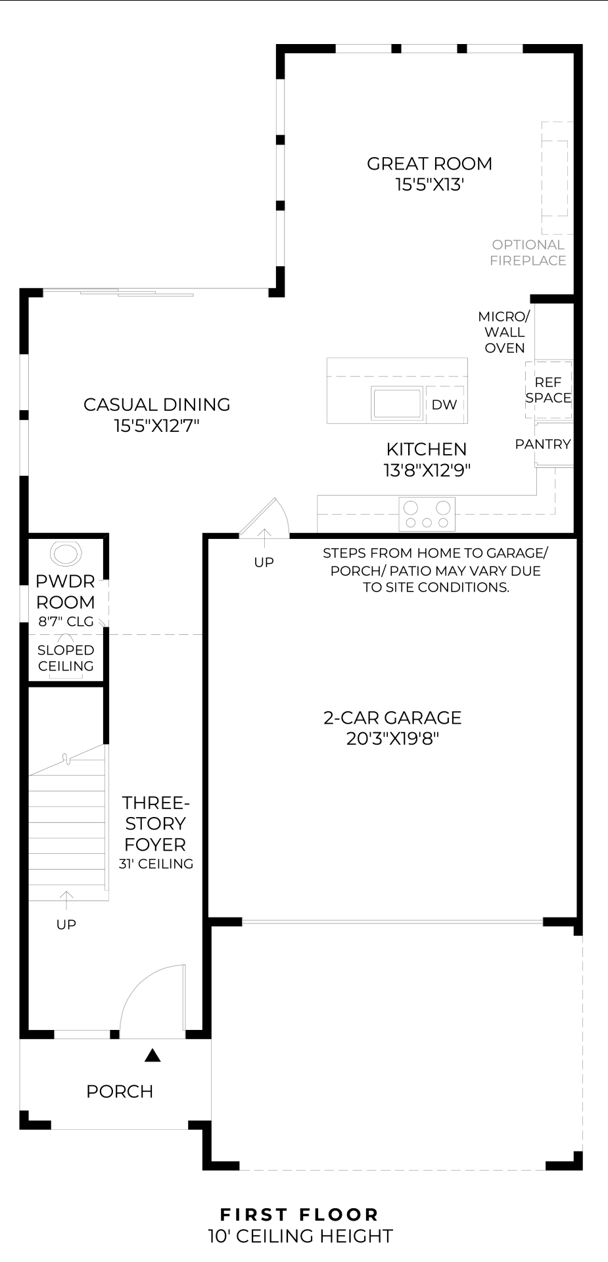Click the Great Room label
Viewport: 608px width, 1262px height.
429,164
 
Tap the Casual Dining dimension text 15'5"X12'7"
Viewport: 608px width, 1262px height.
156,426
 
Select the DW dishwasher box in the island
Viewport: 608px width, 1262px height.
444,405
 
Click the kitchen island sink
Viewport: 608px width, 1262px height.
396,403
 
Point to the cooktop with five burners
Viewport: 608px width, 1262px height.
427,515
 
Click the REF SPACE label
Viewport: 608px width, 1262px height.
548,390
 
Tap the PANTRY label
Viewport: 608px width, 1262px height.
543,444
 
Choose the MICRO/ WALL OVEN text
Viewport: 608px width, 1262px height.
504,332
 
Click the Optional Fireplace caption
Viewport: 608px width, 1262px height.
528,252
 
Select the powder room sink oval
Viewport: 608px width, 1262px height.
66,553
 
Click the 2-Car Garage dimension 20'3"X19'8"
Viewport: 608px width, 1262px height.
392,739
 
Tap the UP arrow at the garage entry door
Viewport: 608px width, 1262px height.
264,539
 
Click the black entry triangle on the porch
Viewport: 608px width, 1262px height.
152,1056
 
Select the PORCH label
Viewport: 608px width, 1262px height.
120,1092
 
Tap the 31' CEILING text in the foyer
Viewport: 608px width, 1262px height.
156,864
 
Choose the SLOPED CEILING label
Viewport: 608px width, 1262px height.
66,658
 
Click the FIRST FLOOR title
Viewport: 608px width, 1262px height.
300,1215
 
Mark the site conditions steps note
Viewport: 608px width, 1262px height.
435,571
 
